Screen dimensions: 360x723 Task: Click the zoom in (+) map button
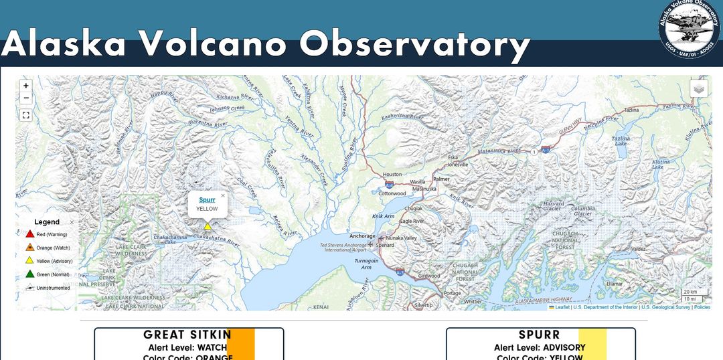pyautogui.click(x=25, y=86)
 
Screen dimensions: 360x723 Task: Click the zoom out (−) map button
pyautogui.click(x=25, y=98)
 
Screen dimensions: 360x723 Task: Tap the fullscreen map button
pyautogui.click(x=25, y=115)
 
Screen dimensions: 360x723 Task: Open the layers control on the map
pyautogui.click(x=699, y=88)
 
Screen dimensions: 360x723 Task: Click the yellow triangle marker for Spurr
pyautogui.click(x=208, y=226)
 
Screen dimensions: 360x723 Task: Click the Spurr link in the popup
pyautogui.click(x=207, y=199)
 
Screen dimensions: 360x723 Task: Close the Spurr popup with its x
pyautogui.click(x=223, y=196)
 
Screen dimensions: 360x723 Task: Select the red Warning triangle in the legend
pyautogui.click(x=29, y=234)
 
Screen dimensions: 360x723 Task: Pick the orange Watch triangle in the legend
pyautogui.click(x=29, y=248)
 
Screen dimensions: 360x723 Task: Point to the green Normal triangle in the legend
pyautogui.click(x=29, y=274)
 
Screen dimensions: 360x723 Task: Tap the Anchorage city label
pyautogui.click(x=362, y=236)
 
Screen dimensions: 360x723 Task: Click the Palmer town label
pyautogui.click(x=441, y=179)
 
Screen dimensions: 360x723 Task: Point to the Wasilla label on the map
pyautogui.click(x=418, y=181)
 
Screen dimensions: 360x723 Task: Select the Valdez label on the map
pyautogui.click(x=639, y=249)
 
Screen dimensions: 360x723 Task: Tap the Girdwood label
pyautogui.click(x=429, y=276)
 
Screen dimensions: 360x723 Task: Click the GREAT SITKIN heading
pyautogui.click(x=187, y=335)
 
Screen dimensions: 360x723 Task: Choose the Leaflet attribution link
pyautogui.click(x=562, y=307)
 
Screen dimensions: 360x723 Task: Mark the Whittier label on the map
pyautogui.click(x=473, y=302)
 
